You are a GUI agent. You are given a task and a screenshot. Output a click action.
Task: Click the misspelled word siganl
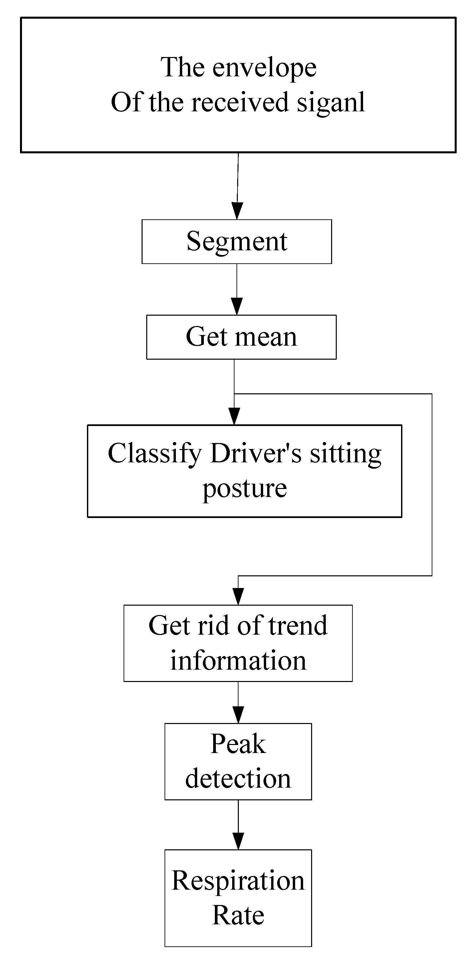[330, 102]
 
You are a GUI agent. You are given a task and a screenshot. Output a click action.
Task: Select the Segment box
[236, 242]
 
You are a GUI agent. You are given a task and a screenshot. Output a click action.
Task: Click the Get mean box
[241, 337]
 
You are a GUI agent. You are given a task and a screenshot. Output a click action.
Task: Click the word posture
[244, 488]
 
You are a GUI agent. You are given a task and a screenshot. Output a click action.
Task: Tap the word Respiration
[238, 880]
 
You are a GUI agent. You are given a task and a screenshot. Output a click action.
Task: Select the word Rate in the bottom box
[238, 915]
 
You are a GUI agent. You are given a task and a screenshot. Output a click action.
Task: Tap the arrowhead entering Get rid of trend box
[238, 596]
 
